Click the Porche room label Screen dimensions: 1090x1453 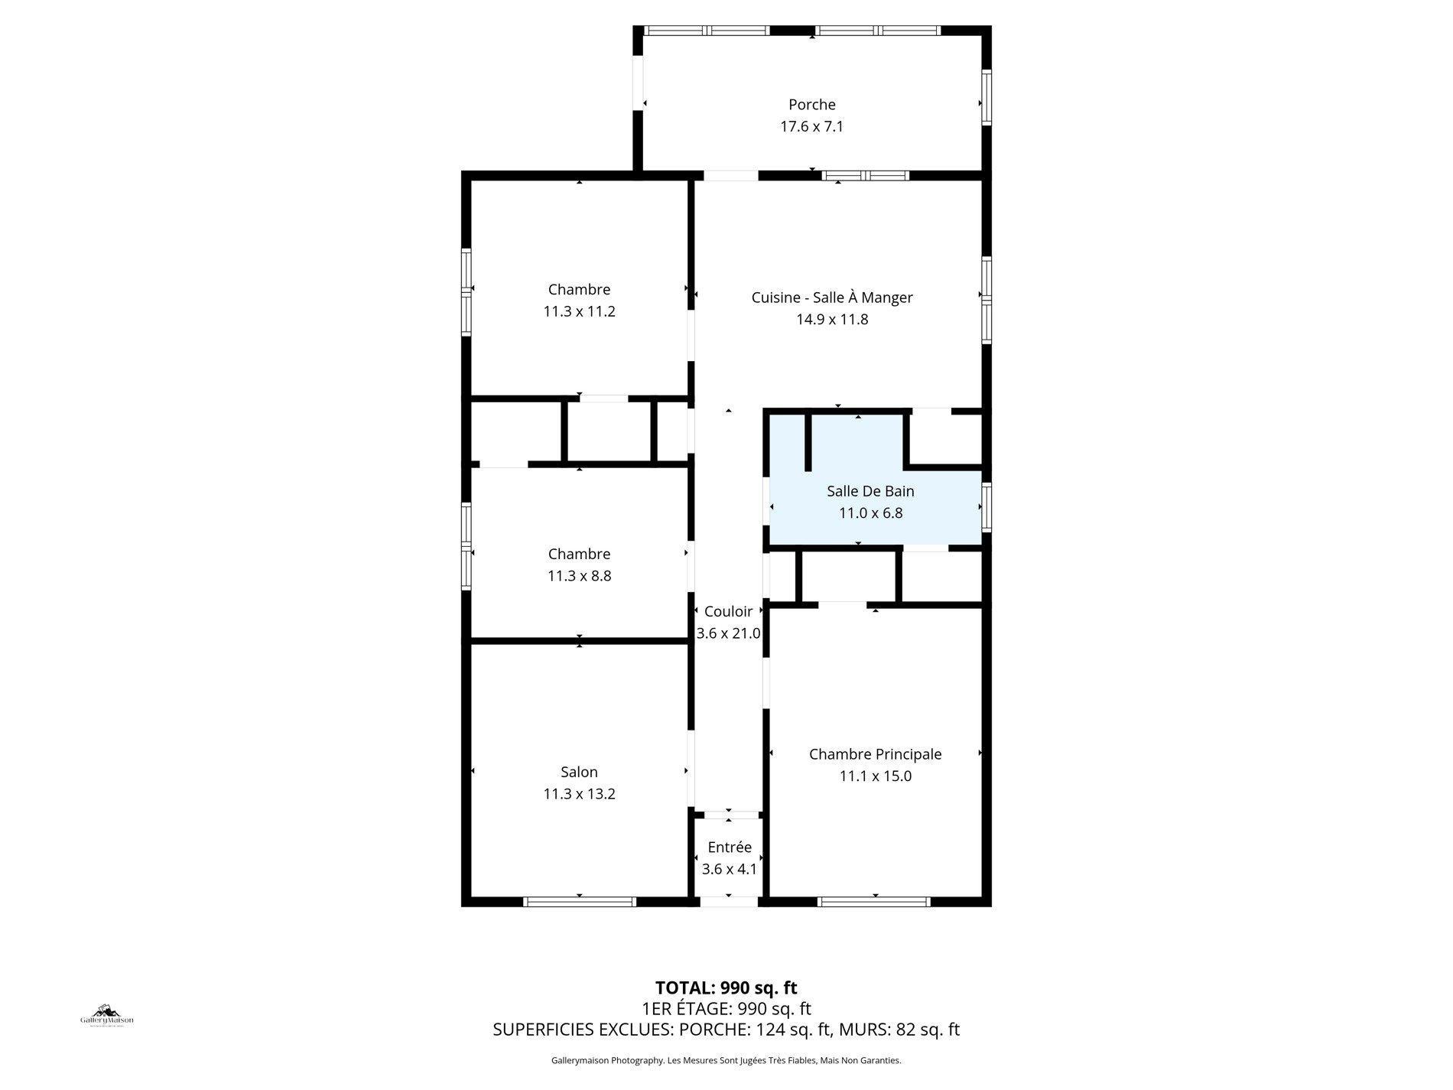[811, 105]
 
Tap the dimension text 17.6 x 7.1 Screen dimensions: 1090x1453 [811, 126]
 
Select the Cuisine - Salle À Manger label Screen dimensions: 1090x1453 [831, 298]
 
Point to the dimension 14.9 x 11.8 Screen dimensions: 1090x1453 [831, 319]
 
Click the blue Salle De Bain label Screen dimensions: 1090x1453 [870, 491]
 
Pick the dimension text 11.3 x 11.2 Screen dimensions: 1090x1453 [579, 311]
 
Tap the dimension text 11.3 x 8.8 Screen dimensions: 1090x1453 [579, 576]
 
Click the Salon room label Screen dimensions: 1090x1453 [579, 772]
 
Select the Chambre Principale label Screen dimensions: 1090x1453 [875, 754]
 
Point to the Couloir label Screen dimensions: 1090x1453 [728, 611]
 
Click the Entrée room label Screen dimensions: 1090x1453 [730, 848]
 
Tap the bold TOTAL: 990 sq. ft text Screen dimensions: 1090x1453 [726, 988]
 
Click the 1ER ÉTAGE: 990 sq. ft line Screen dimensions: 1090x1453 [726, 1008]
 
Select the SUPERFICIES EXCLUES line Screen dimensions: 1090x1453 [726, 1030]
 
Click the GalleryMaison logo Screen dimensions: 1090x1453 [107, 1016]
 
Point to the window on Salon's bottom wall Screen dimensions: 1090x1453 [579, 902]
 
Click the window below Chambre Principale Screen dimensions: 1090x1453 [874, 902]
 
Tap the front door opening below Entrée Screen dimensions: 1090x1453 [729, 902]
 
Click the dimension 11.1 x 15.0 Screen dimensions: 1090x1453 [875, 776]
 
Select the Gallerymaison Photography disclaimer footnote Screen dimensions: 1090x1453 [726, 1060]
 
